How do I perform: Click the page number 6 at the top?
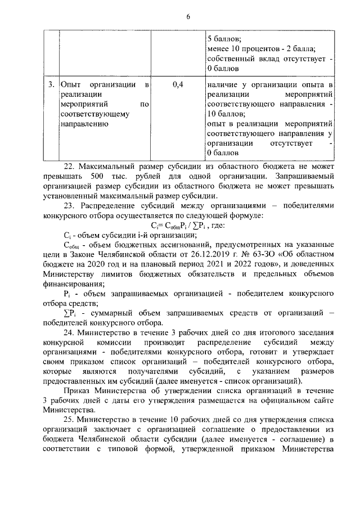[x=188, y=16]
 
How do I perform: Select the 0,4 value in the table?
[x=177, y=85]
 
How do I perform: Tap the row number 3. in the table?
[x=51, y=85]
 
